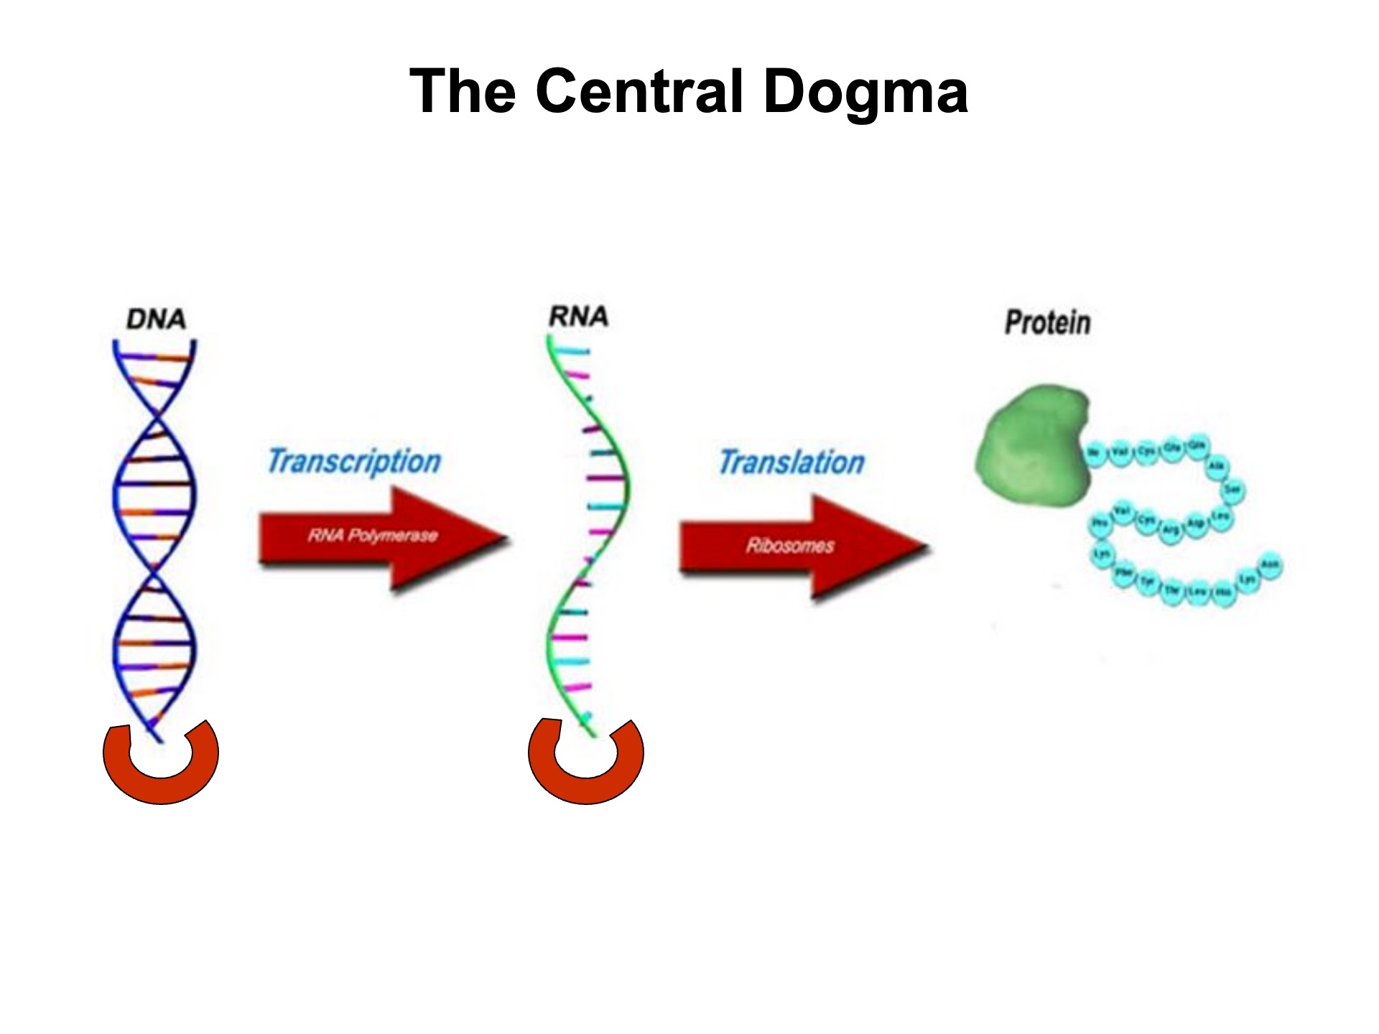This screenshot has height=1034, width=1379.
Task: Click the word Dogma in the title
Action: point(865,92)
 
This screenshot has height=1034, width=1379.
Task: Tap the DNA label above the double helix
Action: point(156,319)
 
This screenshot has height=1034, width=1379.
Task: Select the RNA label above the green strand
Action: point(579,316)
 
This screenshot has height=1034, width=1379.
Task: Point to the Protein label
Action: point(1047,322)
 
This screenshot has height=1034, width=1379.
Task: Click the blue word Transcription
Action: point(354,462)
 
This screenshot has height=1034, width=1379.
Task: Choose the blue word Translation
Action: point(791,463)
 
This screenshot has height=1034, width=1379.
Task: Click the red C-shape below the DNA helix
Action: point(160,772)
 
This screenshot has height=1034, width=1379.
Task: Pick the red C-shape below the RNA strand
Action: point(585,772)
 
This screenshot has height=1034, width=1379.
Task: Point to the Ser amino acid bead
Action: point(1232,490)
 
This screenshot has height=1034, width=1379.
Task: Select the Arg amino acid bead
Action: point(1170,530)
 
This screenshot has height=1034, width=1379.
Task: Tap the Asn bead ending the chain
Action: point(1270,564)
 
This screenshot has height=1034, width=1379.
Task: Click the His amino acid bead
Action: point(1222,593)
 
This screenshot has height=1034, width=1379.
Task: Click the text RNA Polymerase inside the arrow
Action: point(372,536)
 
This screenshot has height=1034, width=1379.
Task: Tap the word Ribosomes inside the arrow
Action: point(790,546)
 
